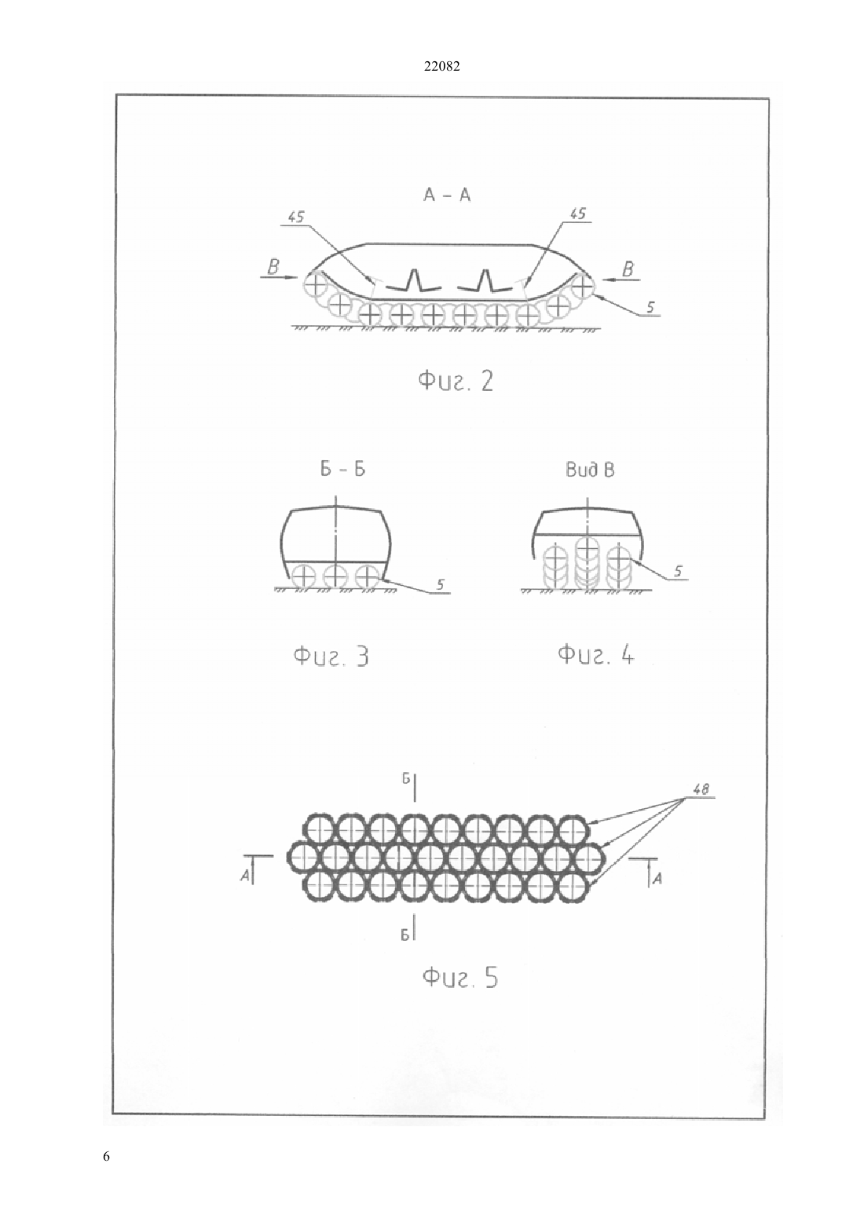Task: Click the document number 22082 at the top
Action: click(x=441, y=67)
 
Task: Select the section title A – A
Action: click(x=446, y=195)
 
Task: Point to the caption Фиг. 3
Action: click(x=331, y=655)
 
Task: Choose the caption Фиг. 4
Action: click(x=595, y=653)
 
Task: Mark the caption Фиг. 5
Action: click(x=460, y=977)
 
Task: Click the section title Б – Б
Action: click(x=342, y=469)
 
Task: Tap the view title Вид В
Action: click(x=590, y=470)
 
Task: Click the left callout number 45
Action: click(x=295, y=217)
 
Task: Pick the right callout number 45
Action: click(x=577, y=214)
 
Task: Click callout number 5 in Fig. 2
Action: click(x=650, y=308)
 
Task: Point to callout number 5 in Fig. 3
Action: click(x=440, y=585)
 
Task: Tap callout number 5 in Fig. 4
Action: click(x=678, y=571)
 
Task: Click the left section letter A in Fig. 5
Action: click(x=245, y=876)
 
